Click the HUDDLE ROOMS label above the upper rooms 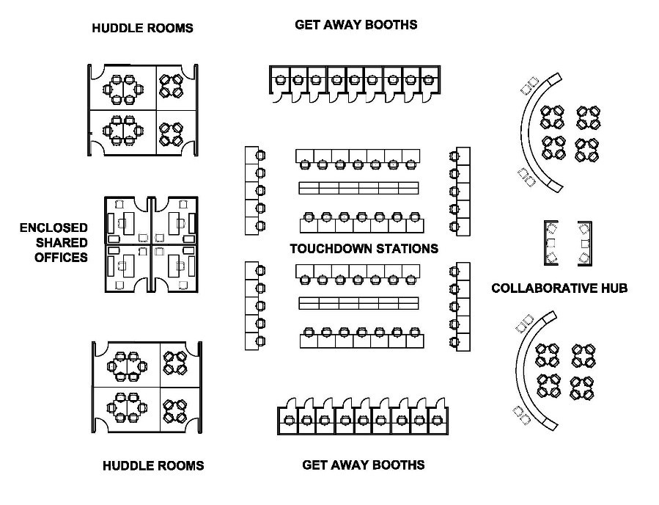point(142,29)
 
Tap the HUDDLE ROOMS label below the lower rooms point(153,465)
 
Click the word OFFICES point(61,257)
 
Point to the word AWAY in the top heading point(344,25)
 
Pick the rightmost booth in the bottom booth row point(438,421)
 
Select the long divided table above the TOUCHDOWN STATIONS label point(358,188)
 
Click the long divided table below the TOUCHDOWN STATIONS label point(358,302)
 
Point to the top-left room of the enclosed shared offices point(127,220)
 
